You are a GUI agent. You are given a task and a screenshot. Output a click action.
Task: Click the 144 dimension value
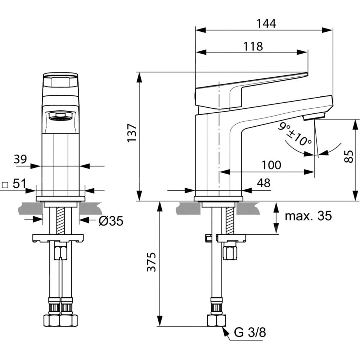(266, 24)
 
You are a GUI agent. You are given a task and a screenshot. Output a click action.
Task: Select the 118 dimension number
(252, 46)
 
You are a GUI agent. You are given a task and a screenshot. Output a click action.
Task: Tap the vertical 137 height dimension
(132, 134)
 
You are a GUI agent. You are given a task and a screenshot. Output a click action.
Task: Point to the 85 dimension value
(348, 157)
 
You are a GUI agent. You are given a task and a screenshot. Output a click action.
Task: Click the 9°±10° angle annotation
(296, 134)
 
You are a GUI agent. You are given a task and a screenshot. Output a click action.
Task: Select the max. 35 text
(308, 216)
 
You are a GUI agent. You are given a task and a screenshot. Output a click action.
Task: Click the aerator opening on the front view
(60, 116)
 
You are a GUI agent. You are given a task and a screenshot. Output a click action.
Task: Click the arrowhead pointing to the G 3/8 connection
(225, 329)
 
